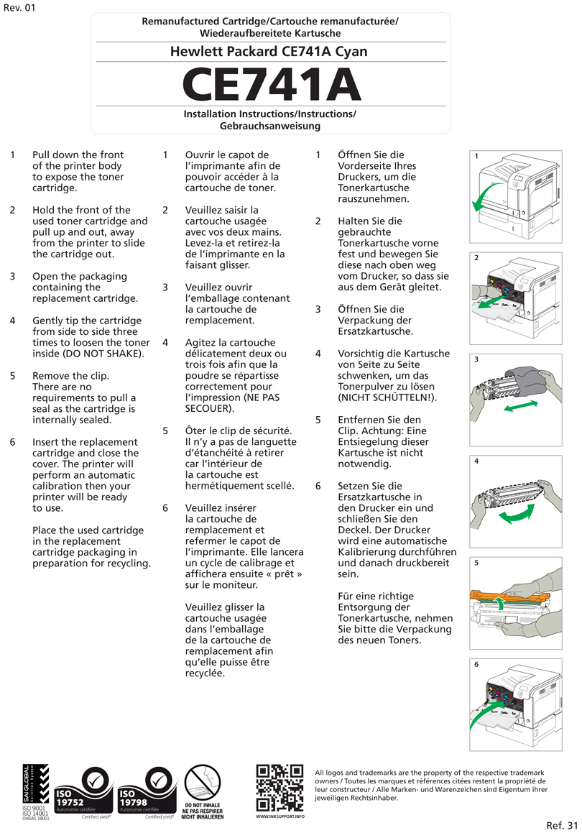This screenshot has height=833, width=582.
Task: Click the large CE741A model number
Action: [x=272, y=84]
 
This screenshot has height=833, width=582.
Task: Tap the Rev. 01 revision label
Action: [x=19, y=8]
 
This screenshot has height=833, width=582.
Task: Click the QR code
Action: [x=280, y=788]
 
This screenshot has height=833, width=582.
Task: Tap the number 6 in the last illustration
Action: [x=476, y=665]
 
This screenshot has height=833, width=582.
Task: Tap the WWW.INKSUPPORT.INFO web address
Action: [x=280, y=817]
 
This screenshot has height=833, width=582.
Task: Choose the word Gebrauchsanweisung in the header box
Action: [x=270, y=126]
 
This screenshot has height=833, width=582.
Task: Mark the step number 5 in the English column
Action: [x=12, y=376]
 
